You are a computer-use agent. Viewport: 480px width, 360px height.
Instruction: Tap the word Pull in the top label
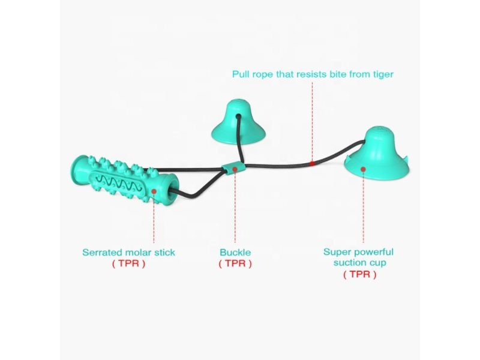pos(241,74)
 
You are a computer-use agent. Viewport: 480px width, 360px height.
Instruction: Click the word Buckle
pos(235,253)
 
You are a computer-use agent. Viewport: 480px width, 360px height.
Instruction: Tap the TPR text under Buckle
pos(235,263)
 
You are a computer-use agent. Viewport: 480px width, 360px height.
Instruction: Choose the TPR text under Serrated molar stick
pos(128,263)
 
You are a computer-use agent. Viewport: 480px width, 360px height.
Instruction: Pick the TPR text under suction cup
pos(359,274)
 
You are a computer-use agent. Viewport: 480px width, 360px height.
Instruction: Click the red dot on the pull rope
pos(312,163)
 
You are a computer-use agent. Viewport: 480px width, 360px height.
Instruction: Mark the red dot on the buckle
pos(235,169)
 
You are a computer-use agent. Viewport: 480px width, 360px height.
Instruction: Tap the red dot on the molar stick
pos(154,191)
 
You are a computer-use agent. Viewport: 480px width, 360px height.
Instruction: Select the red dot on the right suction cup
pos(363,169)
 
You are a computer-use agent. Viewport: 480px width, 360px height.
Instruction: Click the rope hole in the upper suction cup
pos(238,116)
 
